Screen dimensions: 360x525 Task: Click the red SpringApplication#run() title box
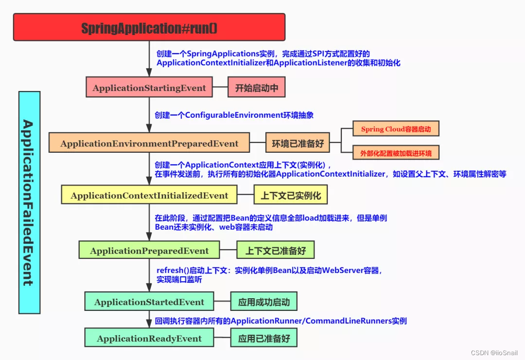click(149, 27)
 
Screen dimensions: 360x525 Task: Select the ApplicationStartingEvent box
click(149, 88)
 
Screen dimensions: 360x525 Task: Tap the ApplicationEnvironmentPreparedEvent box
click(149, 144)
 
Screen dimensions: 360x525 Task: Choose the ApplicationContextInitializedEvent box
click(149, 196)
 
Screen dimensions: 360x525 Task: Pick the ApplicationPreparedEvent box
click(149, 251)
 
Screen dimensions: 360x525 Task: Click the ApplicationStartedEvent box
click(149, 302)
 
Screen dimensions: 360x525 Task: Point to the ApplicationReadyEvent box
click(149, 338)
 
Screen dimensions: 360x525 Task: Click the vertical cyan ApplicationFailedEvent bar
click(29, 202)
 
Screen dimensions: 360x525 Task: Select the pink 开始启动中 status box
click(256, 88)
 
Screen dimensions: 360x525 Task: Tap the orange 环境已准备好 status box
click(297, 144)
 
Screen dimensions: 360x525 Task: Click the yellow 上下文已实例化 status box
click(291, 196)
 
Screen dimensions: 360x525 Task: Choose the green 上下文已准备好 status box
click(275, 251)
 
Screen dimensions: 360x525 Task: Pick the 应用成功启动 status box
click(263, 302)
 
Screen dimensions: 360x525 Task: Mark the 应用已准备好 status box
click(263, 338)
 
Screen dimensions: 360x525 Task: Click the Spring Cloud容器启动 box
click(396, 129)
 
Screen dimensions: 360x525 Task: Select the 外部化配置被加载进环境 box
click(396, 153)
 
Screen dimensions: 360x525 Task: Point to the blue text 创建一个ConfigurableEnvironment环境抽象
click(234, 115)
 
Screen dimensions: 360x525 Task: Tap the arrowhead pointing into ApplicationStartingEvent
click(149, 72)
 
